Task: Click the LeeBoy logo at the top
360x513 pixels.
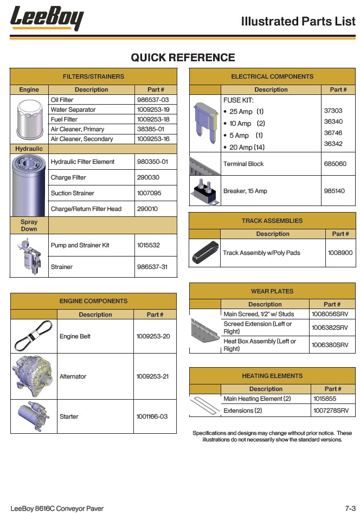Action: (x=47, y=18)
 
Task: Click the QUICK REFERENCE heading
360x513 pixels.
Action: (x=183, y=58)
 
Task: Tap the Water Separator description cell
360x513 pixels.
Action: (x=73, y=110)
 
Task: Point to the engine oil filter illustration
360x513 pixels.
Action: (x=29, y=120)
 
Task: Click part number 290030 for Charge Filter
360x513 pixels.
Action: (x=148, y=177)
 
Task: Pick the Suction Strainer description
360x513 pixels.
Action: (x=73, y=193)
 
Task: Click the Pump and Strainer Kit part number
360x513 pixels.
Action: (x=149, y=245)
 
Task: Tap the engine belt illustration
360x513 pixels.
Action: (x=33, y=336)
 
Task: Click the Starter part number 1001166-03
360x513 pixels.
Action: (x=152, y=416)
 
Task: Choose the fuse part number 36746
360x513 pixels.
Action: (x=333, y=133)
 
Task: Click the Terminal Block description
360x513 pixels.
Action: (x=243, y=164)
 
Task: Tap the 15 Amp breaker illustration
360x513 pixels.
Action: (x=205, y=191)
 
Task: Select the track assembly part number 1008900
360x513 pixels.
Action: (x=340, y=253)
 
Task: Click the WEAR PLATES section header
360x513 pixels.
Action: (x=272, y=291)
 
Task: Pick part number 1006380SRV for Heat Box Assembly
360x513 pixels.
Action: (x=330, y=344)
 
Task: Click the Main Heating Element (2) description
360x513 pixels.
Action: (x=257, y=399)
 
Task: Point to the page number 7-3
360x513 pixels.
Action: (x=350, y=508)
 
